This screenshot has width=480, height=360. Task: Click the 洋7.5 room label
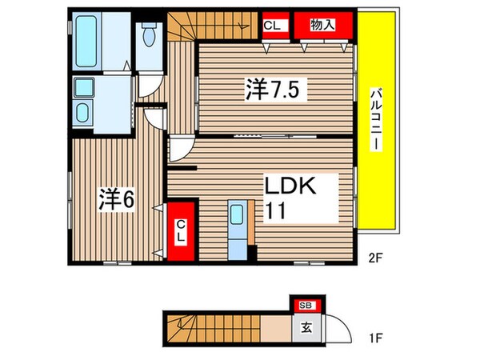271,90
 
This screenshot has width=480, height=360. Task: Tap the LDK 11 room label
294,198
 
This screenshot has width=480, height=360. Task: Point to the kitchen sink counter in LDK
238,227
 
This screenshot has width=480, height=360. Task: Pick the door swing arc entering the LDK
179,149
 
